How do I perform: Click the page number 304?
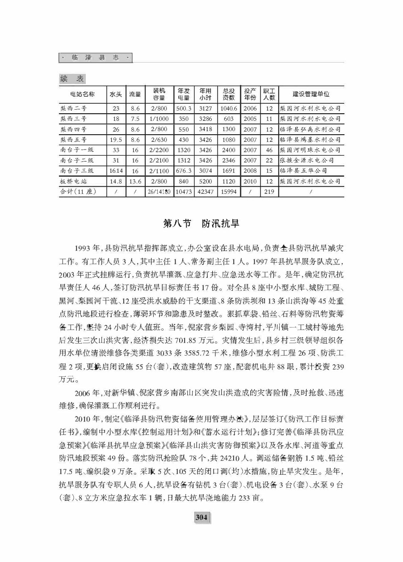tap(201, 518)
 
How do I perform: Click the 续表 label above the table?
tap(72, 79)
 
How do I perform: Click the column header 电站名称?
tap(83, 94)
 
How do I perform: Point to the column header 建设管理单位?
tap(311, 94)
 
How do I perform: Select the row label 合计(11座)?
tap(77, 192)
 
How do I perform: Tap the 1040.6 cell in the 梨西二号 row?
tap(228, 108)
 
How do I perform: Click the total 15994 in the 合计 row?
tap(228, 192)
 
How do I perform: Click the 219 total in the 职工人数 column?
tap(269, 192)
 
